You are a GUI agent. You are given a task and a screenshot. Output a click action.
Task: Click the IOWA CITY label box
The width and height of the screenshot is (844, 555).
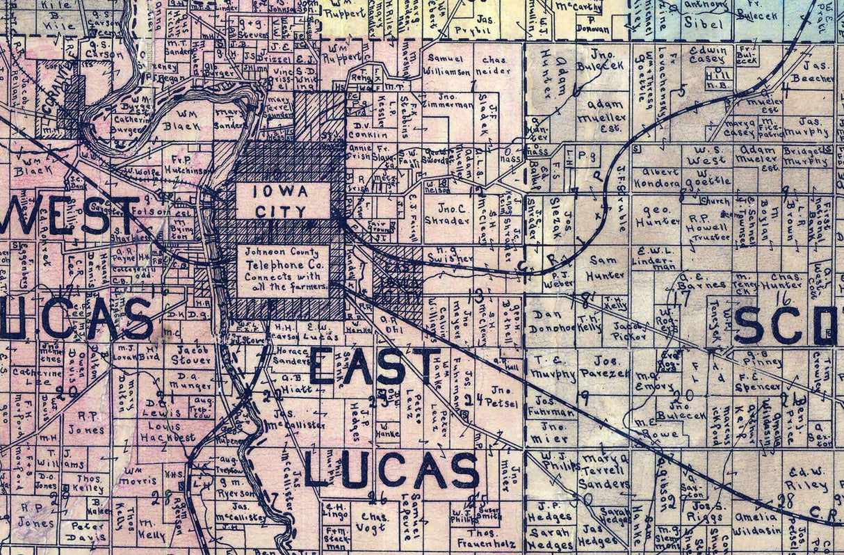[x=283, y=201]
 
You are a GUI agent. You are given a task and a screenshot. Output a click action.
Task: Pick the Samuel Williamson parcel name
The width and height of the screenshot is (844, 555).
[x=448, y=65]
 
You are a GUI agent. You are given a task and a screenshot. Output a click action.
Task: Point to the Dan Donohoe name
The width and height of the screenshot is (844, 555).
[x=553, y=321]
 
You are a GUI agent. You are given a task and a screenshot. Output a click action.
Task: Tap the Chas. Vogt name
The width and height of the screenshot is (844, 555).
[x=374, y=522]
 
